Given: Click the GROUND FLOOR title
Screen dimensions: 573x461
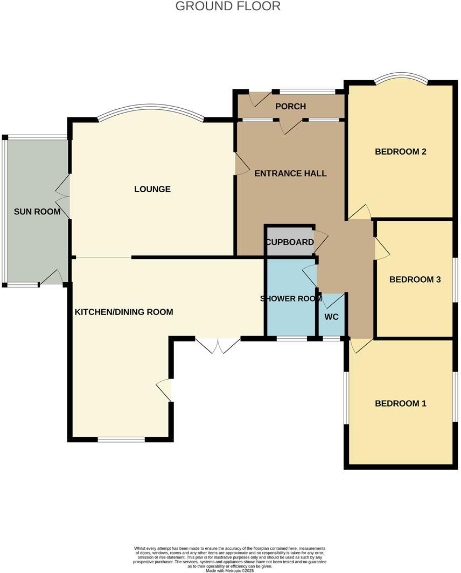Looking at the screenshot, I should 228,6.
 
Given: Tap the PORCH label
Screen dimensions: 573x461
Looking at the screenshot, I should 290,106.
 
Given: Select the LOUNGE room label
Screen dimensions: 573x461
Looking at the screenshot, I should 152,189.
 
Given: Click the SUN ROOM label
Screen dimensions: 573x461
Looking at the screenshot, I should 37,212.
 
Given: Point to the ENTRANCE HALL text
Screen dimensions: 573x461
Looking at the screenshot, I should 290,173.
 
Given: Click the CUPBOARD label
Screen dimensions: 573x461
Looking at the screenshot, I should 289,242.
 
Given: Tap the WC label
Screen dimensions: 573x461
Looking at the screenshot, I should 331,317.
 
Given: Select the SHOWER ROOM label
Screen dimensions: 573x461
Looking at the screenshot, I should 291,299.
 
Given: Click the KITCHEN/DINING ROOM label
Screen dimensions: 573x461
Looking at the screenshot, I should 124,312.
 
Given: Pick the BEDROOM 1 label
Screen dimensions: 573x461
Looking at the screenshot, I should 401,403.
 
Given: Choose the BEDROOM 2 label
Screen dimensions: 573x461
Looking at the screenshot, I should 401,151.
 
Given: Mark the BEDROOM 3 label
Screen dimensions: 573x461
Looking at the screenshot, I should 415,279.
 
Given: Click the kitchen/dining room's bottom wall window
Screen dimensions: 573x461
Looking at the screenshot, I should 121,440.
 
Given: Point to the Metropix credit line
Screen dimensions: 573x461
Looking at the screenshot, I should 229,570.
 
